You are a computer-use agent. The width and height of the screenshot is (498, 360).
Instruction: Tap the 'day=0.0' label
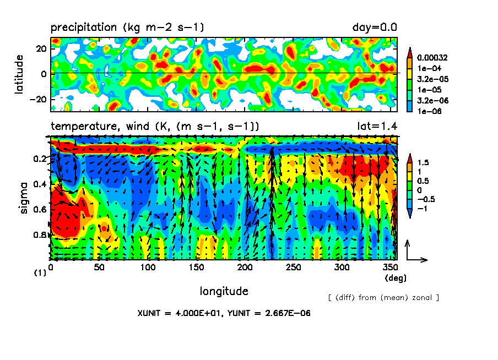click(x=375, y=28)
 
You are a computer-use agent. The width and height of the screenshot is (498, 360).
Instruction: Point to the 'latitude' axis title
click(x=20, y=74)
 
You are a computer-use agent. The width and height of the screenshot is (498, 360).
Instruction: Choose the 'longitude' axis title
click(x=224, y=291)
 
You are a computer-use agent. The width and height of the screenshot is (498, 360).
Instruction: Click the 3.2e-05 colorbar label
click(x=432, y=79)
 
